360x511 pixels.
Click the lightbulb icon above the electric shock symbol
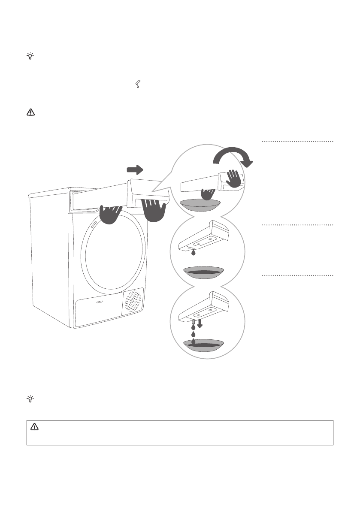30,56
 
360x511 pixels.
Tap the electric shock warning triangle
30,113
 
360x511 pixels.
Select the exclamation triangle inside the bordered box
35,427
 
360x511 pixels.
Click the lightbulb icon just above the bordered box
30,399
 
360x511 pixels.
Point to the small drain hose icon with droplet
137,85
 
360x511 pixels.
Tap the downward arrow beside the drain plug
200,323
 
